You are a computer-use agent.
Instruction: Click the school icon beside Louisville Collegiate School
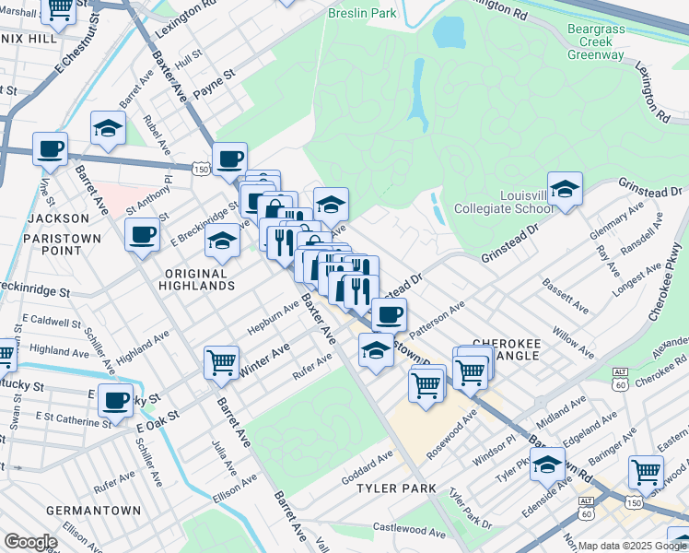565,191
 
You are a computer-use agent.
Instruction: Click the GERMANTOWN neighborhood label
96,510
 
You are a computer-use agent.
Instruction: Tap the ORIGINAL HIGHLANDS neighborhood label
199,279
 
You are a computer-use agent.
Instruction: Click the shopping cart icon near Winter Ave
221,363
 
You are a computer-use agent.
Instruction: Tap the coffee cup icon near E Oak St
116,401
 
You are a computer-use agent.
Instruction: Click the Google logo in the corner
29,542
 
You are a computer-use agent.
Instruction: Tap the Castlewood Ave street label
409,529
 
